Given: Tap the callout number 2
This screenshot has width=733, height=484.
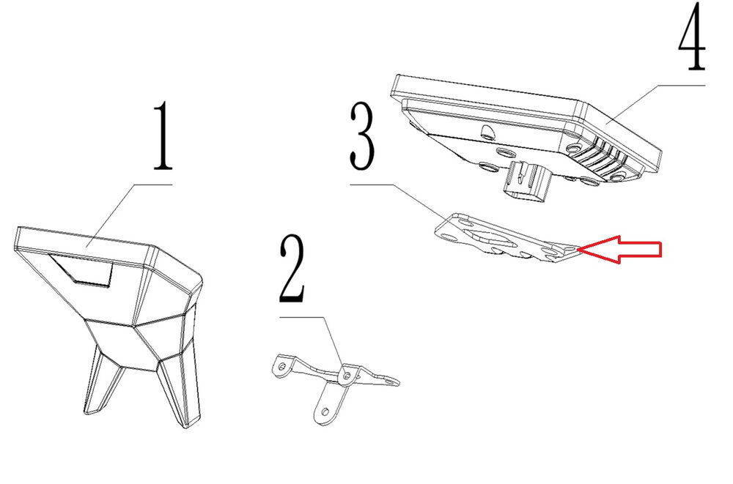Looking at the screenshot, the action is [292, 269].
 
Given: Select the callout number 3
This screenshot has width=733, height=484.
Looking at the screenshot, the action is [363, 136].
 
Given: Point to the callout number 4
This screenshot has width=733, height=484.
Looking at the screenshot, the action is [692, 37].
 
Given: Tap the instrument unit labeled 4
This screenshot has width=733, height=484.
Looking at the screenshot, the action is [526, 135].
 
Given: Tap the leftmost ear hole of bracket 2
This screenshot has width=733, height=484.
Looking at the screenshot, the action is [281, 367].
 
